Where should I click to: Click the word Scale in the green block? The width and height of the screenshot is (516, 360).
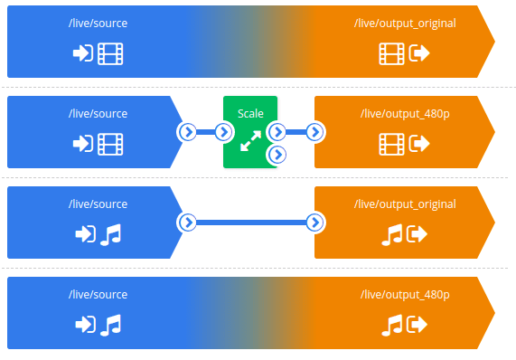pyautogui.click(x=250, y=113)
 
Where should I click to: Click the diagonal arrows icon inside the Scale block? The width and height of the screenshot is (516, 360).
pyautogui.click(x=250, y=139)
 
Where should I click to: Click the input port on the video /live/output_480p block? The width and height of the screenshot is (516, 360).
pyautogui.click(x=314, y=132)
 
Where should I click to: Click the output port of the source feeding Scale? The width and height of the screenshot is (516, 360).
pyautogui.click(x=187, y=132)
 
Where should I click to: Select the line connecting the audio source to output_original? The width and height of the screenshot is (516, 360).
pyautogui.click(x=250, y=222)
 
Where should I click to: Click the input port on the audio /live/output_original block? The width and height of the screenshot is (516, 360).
pyautogui.click(x=314, y=222)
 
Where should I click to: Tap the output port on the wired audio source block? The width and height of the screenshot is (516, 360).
pyautogui.click(x=187, y=222)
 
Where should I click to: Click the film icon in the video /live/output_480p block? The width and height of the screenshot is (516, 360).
pyautogui.click(x=391, y=143)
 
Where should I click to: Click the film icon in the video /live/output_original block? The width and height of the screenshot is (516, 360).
pyautogui.click(x=391, y=53)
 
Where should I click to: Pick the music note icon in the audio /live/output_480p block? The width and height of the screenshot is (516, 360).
pyautogui.click(x=392, y=324)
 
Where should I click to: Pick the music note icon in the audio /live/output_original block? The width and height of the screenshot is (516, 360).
pyautogui.click(x=392, y=234)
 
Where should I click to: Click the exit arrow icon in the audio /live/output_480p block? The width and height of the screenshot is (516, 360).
pyautogui.click(x=418, y=324)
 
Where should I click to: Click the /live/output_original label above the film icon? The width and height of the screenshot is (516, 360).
pyautogui.click(x=404, y=24)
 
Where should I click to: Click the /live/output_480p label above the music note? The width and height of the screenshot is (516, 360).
pyautogui.click(x=404, y=294)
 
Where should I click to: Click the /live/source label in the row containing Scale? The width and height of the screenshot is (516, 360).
pyautogui.click(x=98, y=113)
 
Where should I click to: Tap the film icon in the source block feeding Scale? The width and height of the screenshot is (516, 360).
pyautogui.click(x=110, y=143)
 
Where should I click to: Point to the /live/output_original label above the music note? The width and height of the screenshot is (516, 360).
pyautogui.click(x=404, y=204)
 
